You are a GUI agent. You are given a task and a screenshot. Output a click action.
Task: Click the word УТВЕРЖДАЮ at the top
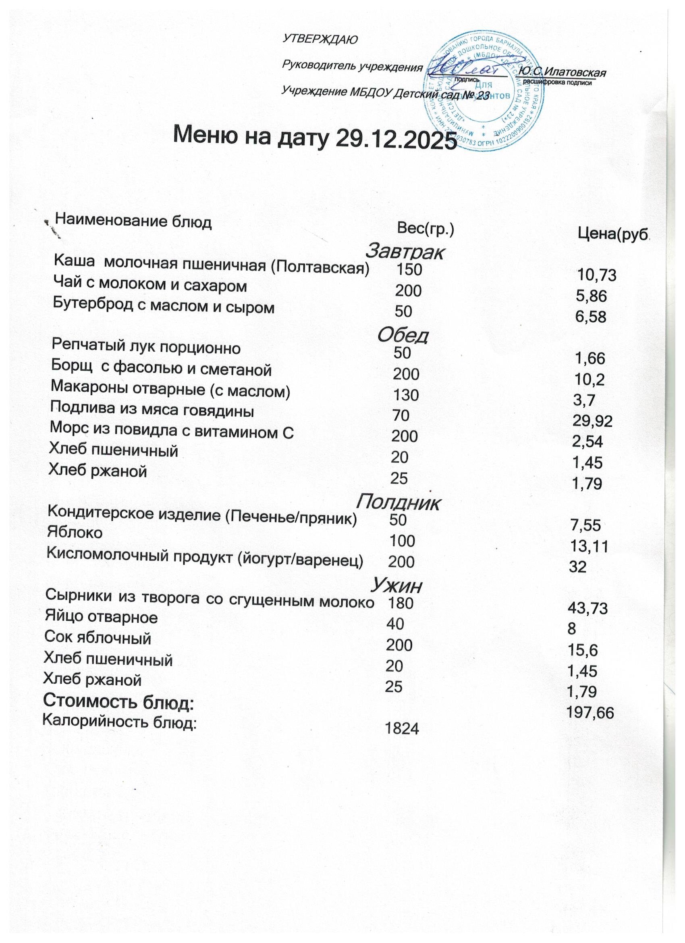[x=320, y=40]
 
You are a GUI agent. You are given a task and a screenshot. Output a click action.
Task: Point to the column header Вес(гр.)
[x=426, y=229]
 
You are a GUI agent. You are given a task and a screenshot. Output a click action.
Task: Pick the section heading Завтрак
[x=405, y=251]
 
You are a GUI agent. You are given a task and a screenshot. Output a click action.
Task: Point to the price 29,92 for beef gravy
[x=592, y=421]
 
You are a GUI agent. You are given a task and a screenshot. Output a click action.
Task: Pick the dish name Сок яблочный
[x=98, y=638]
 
